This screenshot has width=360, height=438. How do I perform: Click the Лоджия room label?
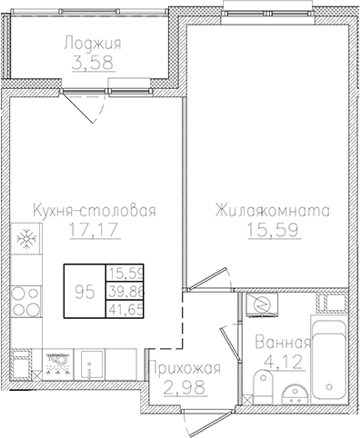pos(93,43)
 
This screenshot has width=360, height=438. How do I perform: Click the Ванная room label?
pos(283,343)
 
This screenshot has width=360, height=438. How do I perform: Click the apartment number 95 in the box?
pos(84,291)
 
